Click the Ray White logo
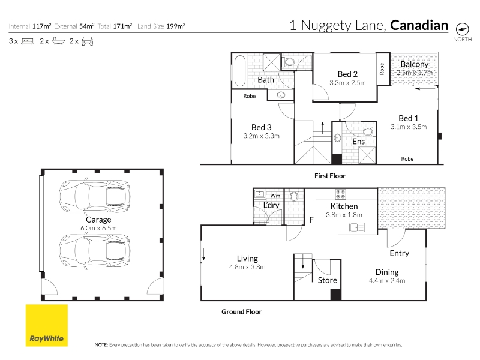tap(47, 325)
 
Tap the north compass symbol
tap(462, 29)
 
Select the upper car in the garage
tap(95, 196)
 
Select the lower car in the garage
tap(95, 251)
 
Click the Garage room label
tap(98, 220)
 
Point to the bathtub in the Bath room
tap(240, 71)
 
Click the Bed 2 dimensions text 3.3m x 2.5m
tap(347, 83)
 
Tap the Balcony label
tap(414, 64)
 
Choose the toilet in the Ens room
tap(368, 131)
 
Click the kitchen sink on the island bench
tap(357, 227)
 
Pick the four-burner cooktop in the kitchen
tap(340, 194)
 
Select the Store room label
tap(327, 280)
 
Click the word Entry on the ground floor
tap(399, 253)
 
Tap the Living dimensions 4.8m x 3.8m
tap(247, 267)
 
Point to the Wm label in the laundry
tap(275, 196)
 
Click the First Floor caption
tap(329, 176)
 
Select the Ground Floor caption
tap(242, 311)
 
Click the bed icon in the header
tap(28, 41)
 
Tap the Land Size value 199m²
tap(175, 26)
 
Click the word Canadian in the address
tap(419, 25)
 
